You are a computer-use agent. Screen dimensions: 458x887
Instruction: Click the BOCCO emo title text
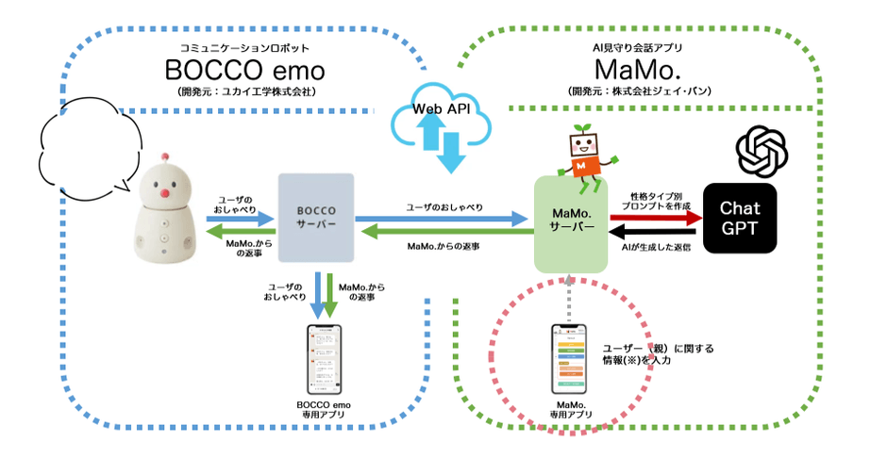tap(244, 70)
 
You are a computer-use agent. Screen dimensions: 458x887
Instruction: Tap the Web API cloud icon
tap(442, 121)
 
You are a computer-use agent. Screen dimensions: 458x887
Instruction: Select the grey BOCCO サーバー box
tap(316, 219)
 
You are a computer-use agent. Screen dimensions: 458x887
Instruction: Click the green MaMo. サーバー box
tap(571, 224)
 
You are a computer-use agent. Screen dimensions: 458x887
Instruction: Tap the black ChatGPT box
tap(741, 218)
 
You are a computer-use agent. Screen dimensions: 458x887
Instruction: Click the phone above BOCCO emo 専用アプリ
tap(323, 360)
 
